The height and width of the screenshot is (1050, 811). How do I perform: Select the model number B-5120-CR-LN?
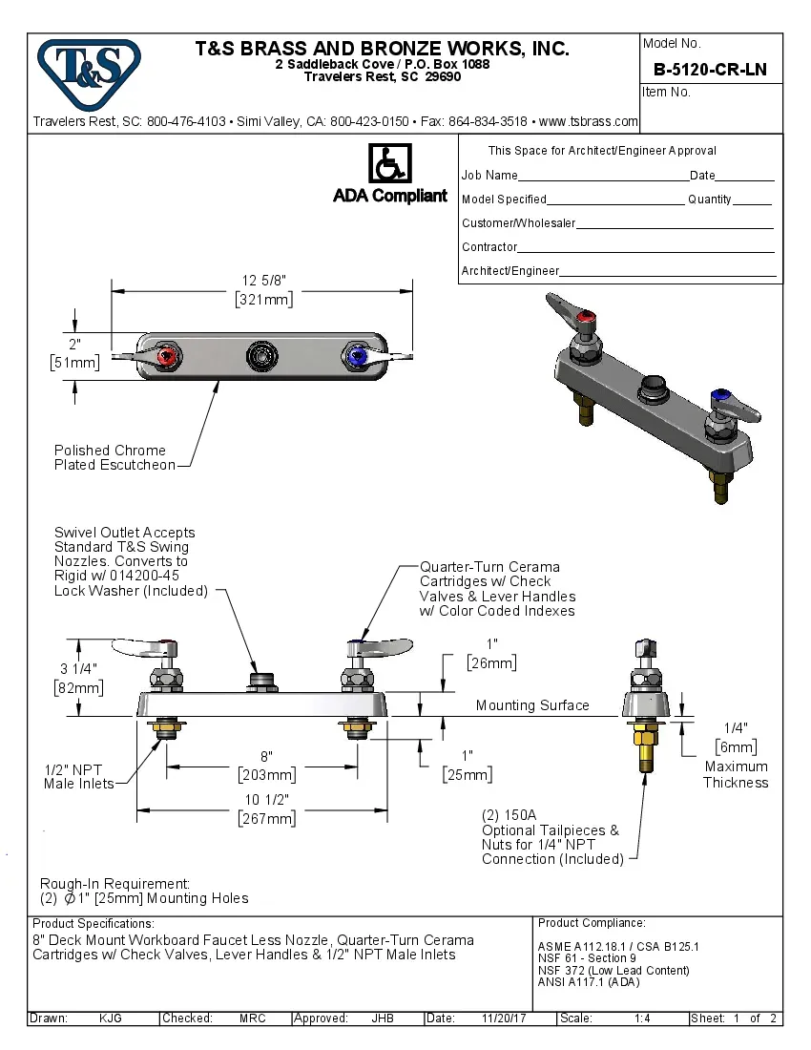710,70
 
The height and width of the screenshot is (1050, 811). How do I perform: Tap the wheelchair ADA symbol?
389,163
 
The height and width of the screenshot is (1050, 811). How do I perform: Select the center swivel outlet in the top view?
260,356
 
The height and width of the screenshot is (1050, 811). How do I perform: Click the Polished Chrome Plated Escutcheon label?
114,457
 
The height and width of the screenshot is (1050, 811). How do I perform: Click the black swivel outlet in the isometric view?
654,387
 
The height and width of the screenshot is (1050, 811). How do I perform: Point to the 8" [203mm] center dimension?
266,766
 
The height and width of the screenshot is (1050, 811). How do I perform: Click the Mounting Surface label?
532,705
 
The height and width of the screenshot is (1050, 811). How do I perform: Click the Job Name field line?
603,177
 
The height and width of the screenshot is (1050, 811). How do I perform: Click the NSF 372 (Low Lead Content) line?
613,970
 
